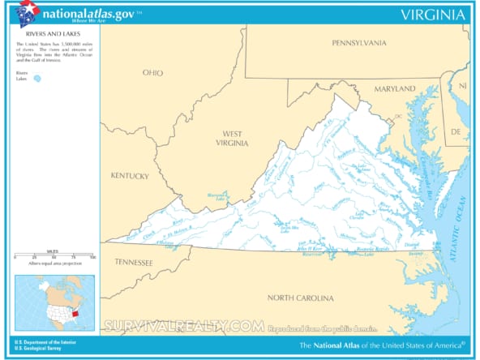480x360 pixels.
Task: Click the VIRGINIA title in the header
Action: point(433,15)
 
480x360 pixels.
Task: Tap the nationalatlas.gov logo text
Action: point(88,14)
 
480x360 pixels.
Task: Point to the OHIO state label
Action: point(152,73)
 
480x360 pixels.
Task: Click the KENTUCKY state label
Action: point(130,176)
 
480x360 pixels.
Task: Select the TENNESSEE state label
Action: point(133,263)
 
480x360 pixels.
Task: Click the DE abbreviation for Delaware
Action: point(455,131)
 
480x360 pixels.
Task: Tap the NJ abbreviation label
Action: point(462,85)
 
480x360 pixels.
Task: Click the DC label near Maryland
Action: point(398,116)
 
